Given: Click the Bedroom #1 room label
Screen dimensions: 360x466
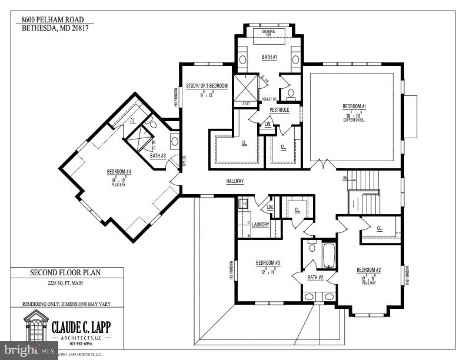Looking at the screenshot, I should pyautogui.click(x=354, y=106).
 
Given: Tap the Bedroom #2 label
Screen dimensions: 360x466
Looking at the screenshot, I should pyautogui.click(x=369, y=270).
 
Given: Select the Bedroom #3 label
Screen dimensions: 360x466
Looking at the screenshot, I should pyautogui.click(x=268, y=263).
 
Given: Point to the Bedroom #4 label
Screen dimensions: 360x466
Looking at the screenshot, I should pyautogui.click(x=119, y=172).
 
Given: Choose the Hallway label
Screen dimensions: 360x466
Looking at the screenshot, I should pyautogui.click(x=235, y=181).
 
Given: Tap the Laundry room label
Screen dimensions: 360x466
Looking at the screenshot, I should pyautogui.click(x=260, y=225).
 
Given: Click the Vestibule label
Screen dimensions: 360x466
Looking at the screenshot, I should pyautogui.click(x=279, y=110).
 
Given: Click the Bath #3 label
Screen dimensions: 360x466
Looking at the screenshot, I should pyautogui.click(x=158, y=156).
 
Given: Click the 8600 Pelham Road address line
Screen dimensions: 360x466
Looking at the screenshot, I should pyautogui.click(x=58, y=19).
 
